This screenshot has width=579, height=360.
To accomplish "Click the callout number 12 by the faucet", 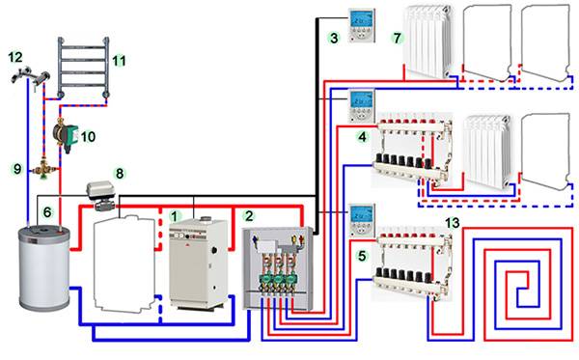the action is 15,57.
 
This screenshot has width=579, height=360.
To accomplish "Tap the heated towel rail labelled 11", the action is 83,68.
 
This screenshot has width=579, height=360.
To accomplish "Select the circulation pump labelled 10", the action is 65,135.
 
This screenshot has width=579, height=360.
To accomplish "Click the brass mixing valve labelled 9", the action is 44,170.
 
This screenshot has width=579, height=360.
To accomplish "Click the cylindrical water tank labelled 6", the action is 44,268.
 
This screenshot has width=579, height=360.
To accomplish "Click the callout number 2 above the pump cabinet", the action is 249,215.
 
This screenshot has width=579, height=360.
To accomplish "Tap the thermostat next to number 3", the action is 362,25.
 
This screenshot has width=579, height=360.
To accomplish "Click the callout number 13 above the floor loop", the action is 452,223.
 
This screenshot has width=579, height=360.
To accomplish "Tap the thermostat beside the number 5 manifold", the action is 362,220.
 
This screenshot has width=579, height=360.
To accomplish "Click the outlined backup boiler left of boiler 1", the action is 124,263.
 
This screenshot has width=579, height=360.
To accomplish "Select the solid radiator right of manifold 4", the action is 488,152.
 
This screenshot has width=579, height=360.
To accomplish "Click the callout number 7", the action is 397,38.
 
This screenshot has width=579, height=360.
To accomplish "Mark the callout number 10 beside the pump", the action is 88,137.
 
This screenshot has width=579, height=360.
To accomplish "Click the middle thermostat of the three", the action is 362,106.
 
